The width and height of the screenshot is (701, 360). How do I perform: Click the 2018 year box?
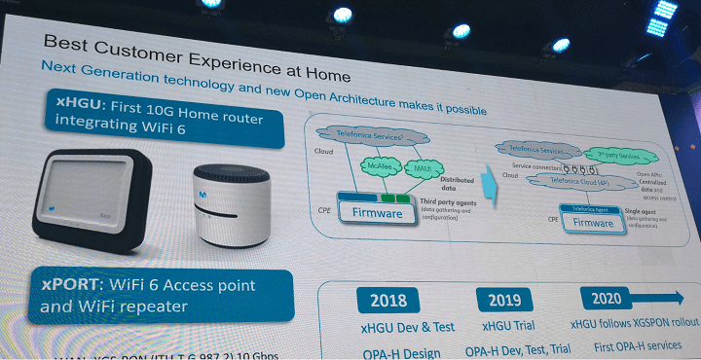click(382, 300)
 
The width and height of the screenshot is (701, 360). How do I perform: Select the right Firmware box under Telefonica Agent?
click(594, 223)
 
